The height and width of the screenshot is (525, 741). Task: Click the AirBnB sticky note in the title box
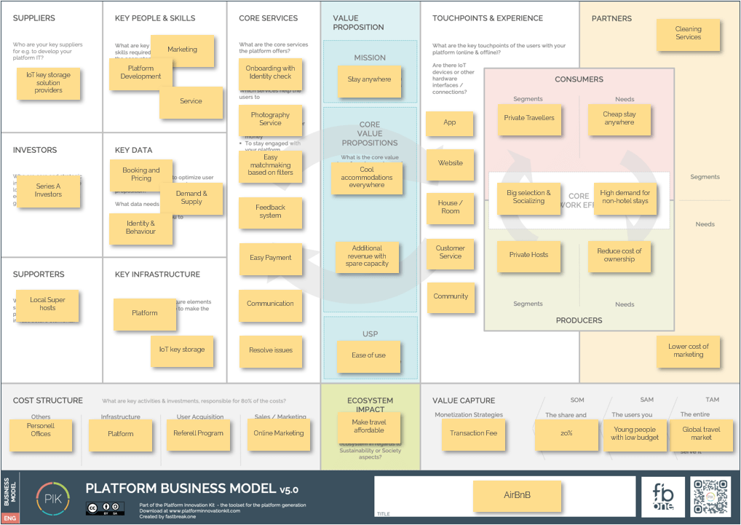(518, 496)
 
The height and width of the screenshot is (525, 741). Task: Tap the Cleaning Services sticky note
(688, 33)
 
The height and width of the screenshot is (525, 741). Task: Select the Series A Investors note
(48, 191)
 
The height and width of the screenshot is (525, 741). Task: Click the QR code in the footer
(710, 497)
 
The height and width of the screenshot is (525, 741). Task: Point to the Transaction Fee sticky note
(473, 433)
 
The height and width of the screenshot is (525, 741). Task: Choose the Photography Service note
(270, 119)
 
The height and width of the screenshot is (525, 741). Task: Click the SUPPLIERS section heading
(33, 18)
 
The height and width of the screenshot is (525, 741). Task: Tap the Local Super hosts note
(47, 304)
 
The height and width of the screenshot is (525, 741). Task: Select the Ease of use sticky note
(369, 355)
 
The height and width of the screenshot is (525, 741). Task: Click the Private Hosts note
(529, 256)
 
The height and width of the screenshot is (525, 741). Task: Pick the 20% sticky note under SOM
(566, 433)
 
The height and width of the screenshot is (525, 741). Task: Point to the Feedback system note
(270, 212)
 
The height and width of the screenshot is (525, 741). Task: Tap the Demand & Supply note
(192, 198)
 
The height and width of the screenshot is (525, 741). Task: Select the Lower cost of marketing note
(688, 351)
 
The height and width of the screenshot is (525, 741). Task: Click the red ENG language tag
(10, 518)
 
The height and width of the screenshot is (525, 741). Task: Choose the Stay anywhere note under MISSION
(369, 80)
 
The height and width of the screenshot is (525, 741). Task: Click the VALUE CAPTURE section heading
(463, 400)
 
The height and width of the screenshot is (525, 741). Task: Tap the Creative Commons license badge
(105, 508)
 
